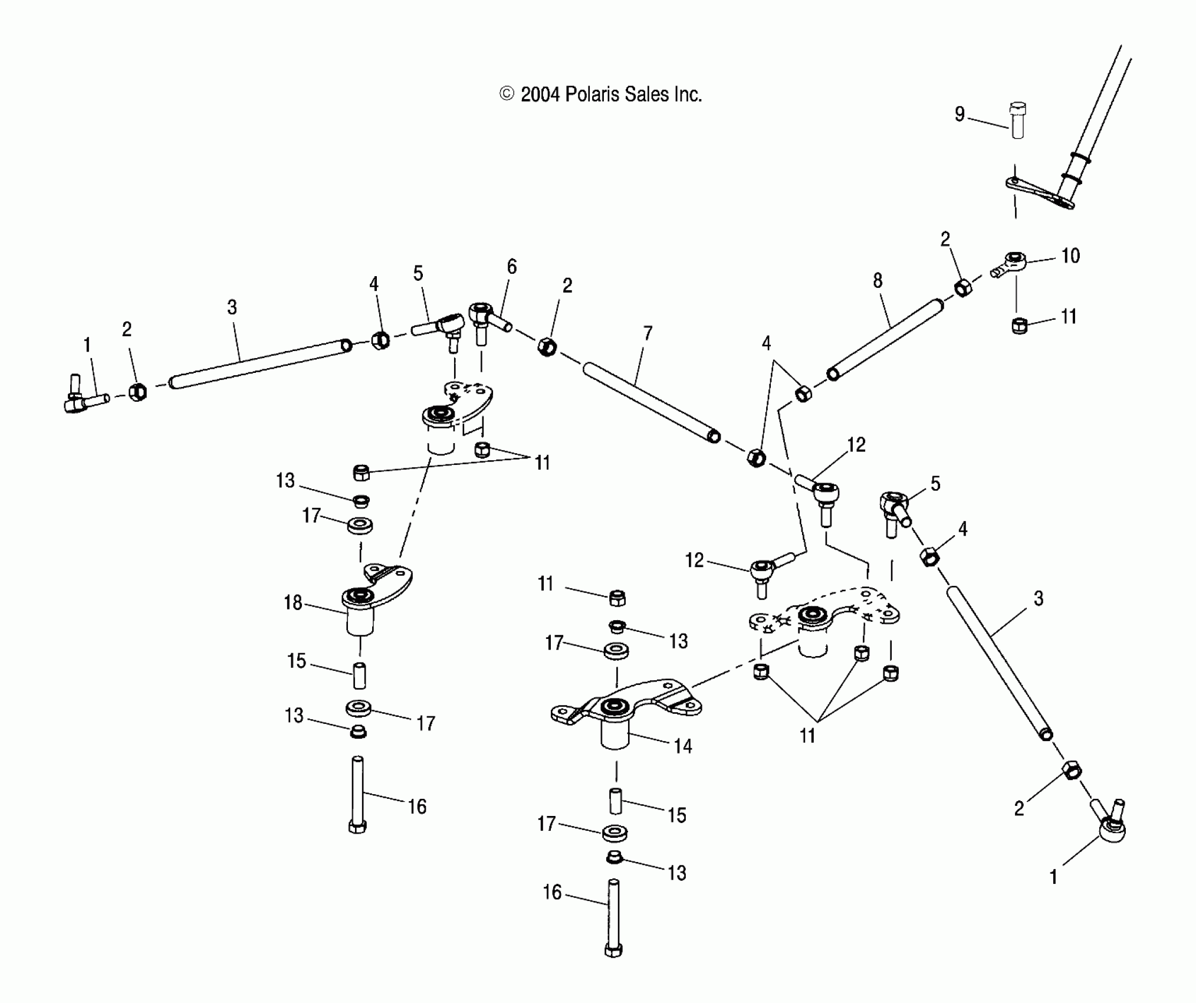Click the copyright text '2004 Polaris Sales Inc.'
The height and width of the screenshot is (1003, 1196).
point(601,94)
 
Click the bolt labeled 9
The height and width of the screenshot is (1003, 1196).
point(1017,121)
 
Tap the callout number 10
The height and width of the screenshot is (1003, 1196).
point(1070,256)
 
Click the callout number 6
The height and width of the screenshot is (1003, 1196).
point(511,267)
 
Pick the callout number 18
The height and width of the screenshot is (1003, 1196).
point(293,602)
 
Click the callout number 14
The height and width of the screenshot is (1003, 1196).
point(682,746)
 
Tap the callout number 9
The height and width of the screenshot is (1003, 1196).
point(960,114)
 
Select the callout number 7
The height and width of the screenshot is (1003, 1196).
point(648,333)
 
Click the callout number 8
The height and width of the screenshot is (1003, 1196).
point(878,281)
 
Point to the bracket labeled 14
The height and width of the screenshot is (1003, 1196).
point(625,708)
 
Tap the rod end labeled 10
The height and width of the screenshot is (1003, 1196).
point(1012,262)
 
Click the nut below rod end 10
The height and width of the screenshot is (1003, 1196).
point(1020,325)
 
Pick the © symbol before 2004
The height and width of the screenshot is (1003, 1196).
point(507,94)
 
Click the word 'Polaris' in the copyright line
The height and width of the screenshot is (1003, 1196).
point(592,94)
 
